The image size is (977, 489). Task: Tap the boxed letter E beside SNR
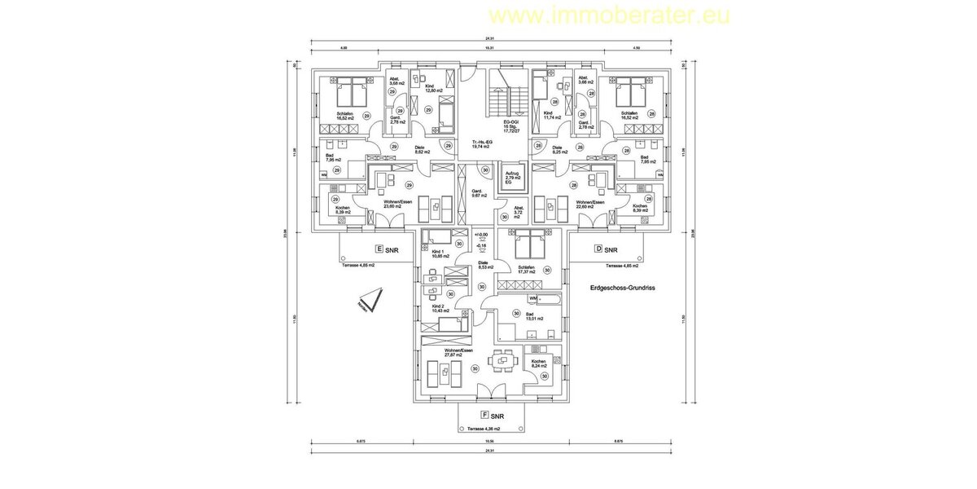click(378, 249)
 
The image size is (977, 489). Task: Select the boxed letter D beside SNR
click(598, 249)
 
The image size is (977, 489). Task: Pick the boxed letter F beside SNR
click(484, 415)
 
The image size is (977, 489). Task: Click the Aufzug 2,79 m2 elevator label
click(511, 177)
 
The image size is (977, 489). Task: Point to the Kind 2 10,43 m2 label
click(438, 309)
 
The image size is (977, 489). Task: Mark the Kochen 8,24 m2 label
click(539, 363)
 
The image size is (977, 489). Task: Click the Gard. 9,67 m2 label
click(479, 193)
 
